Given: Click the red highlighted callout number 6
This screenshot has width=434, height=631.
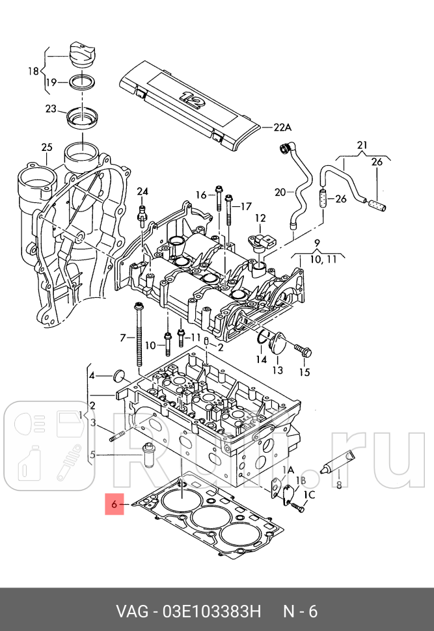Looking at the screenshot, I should pyautogui.click(x=114, y=504).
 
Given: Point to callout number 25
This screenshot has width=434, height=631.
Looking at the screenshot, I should pyautogui.click(x=46, y=148).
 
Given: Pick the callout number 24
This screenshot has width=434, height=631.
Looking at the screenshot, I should pyautogui.click(x=142, y=191).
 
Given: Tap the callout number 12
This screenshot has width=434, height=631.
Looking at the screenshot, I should pyautogui.click(x=260, y=218).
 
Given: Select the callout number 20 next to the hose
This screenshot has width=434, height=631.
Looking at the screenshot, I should pyautogui.click(x=280, y=192).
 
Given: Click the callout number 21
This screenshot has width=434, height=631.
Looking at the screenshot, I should pyautogui.click(x=362, y=144).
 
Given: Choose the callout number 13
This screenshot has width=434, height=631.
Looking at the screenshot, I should pyautogui.click(x=277, y=370).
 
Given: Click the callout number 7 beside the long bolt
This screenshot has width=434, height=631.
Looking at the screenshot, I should pyautogui.click(x=122, y=337).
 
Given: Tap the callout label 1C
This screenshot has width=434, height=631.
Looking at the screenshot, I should pyautogui.click(x=309, y=495).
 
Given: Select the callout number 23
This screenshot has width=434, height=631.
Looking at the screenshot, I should pyautogui.click(x=51, y=109).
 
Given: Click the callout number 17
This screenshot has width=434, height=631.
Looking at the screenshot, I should pyautogui.click(x=245, y=206).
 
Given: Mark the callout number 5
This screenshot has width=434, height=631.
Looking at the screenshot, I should pyautogui.click(x=92, y=455).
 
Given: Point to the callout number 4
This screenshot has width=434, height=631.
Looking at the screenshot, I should pyautogui.click(x=92, y=375).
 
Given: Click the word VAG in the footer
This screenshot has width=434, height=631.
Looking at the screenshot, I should pyautogui.click(x=131, y=612).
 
